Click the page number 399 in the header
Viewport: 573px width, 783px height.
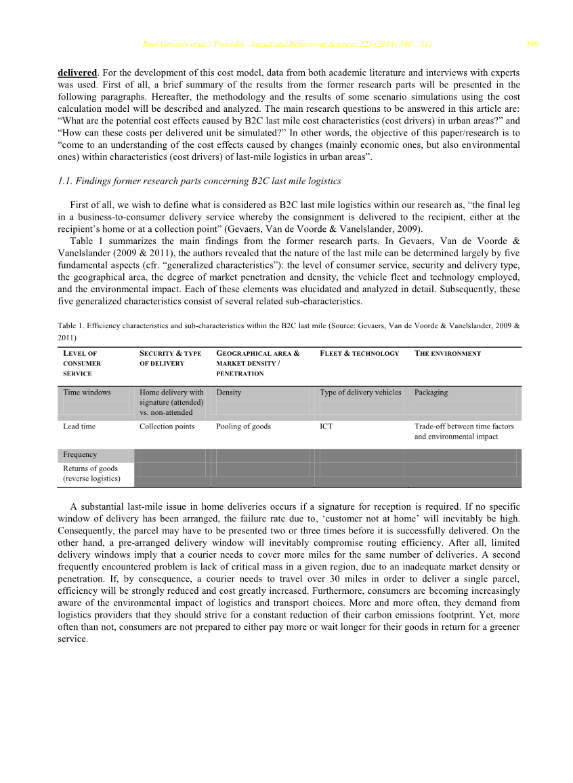(x=532, y=45)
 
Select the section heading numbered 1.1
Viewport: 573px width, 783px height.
(x=199, y=181)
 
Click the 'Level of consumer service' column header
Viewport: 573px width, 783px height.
(x=81, y=363)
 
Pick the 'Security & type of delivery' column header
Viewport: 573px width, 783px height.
(x=171, y=359)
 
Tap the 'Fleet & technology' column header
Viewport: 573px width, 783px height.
(x=359, y=353)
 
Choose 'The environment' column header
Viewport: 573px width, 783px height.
(x=447, y=353)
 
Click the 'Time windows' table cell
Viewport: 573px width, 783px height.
(x=87, y=393)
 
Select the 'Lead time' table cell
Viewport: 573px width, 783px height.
(x=79, y=426)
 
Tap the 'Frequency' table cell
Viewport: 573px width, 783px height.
(x=80, y=455)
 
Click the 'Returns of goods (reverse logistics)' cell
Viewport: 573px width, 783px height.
(x=91, y=473)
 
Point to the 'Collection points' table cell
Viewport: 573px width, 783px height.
(x=167, y=426)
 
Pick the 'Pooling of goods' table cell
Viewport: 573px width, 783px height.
(x=243, y=426)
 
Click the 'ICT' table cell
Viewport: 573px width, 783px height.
(x=326, y=426)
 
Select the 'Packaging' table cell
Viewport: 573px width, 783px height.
(x=431, y=393)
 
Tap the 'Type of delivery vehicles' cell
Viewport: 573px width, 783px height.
(x=360, y=393)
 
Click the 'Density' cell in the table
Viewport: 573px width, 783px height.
(x=229, y=393)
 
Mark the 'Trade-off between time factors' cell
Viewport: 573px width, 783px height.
(x=464, y=431)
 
